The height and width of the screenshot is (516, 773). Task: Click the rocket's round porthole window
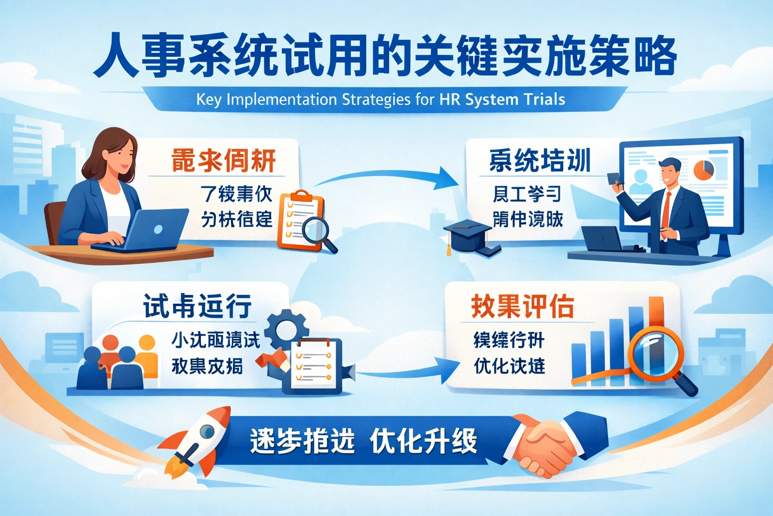[x=207, y=431]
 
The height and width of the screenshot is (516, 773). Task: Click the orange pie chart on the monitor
[x=704, y=170]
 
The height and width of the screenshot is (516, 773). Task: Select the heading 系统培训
[x=540, y=160]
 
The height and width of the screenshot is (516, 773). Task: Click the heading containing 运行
[x=197, y=306]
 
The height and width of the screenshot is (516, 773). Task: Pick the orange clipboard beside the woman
[x=300, y=220]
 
